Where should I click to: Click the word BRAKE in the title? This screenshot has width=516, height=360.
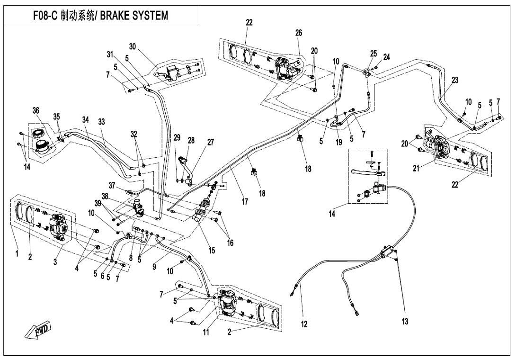[x=118, y=16]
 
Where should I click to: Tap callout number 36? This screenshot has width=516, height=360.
[x=36, y=111]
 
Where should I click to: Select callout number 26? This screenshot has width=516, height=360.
[x=298, y=33]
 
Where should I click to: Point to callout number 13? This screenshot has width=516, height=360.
[x=405, y=322]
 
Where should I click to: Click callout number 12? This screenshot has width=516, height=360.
[x=304, y=324]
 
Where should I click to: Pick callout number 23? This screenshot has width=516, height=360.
[x=455, y=81]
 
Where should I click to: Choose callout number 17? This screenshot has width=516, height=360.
[x=245, y=202]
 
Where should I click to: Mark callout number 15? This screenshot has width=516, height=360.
[x=212, y=251]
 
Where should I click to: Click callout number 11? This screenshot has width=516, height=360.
[x=206, y=332]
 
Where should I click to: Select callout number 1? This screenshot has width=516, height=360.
[x=17, y=254]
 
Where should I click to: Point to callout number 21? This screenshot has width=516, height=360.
[x=416, y=169]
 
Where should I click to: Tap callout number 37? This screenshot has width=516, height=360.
[x=112, y=185]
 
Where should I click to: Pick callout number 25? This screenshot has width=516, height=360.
[x=374, y=54]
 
